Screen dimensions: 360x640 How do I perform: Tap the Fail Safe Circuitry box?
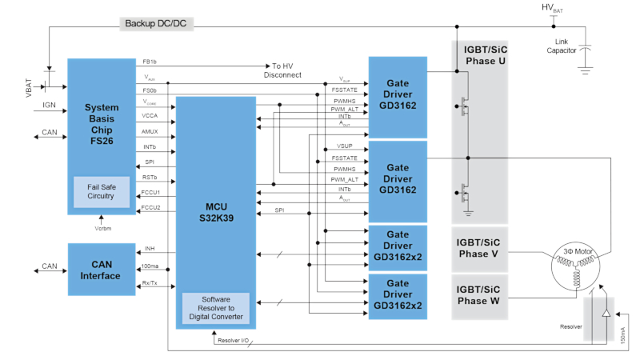(x=101, y=191)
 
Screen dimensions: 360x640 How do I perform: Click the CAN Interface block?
(x=101, y=270)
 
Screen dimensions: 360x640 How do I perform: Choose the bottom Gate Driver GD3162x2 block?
(x=398, y=297)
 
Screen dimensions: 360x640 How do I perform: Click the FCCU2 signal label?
(x=150, y=208)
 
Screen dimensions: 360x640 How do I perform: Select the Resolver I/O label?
(x=234, y=341)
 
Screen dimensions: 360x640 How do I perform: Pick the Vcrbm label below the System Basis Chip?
(x=101, y=227)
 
